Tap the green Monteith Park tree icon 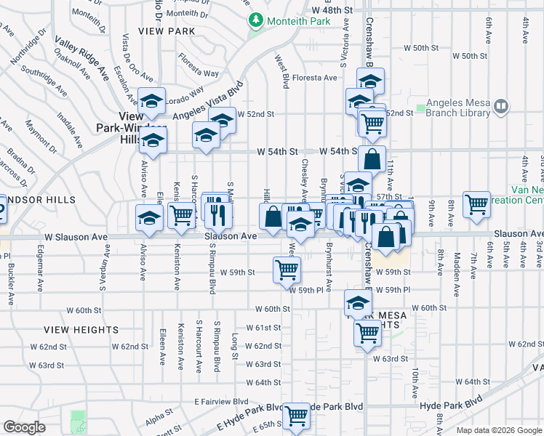[255, 21]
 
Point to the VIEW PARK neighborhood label [171, 31]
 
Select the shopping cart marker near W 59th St [287, 270]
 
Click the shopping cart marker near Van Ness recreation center [476, 204]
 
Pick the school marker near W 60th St [358, 302]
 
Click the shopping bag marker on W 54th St [372, 158]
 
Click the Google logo [25, 427]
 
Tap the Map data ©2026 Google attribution [498, 429]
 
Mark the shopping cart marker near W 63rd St [368, 334]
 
